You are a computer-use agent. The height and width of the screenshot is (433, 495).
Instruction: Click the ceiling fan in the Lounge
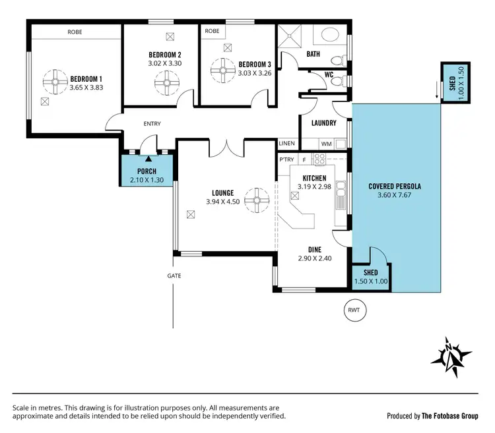tap(257, 198)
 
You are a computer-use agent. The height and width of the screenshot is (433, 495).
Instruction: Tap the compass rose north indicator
tap(451, 357)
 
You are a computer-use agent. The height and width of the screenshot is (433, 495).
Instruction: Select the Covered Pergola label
tap(394, 186)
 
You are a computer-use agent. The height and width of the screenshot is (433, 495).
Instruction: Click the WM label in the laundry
tap(326, 143)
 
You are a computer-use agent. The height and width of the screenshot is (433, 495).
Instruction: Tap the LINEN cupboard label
tap(286, 143)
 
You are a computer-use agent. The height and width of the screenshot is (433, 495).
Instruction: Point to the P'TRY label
tap(286, 159)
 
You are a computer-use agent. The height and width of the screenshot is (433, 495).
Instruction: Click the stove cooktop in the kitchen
tap(320, 159)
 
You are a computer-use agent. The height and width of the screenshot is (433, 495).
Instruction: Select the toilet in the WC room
tap(337, 80)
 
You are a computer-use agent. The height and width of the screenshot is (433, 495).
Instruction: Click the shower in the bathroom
tap(289, 38)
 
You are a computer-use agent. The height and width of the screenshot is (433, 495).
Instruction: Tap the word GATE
tap(174, 275)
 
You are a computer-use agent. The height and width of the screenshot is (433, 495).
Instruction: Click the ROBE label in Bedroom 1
tap(75, 32)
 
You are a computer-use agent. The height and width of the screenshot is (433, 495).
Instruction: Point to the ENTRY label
tap(152, 124)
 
